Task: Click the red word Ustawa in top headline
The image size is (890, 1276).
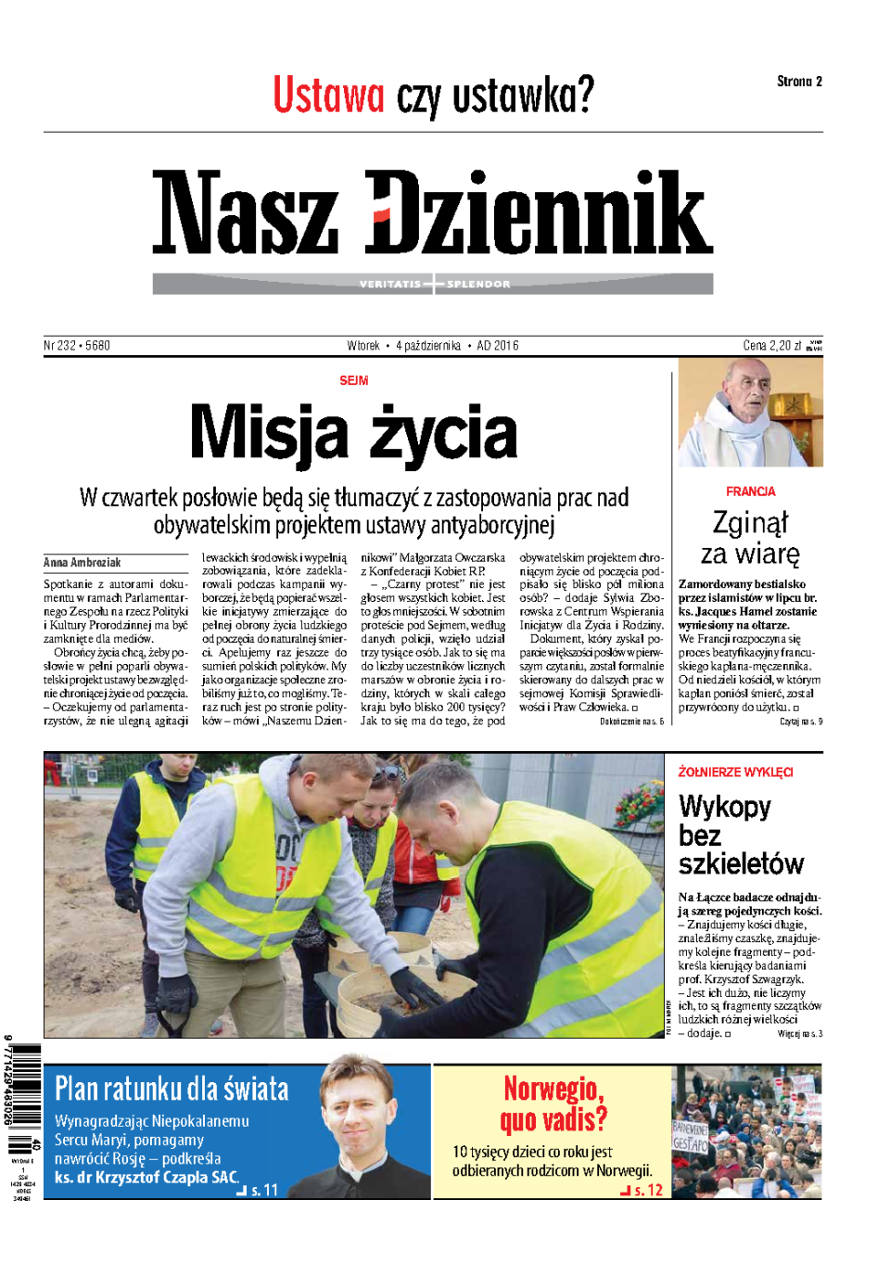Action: coord(328,96)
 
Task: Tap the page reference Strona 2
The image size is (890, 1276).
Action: coord(799,82)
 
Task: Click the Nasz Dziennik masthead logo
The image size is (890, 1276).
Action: coord(432,212)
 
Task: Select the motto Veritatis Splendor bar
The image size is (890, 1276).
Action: coord(433,284)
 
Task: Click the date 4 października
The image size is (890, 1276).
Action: coord(427,346)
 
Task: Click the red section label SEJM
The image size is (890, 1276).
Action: coord(353,381)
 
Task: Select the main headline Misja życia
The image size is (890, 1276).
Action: coord(353,432)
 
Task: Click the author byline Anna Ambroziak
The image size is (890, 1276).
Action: coord(83,563)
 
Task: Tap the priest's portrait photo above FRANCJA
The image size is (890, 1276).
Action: coord(750,413)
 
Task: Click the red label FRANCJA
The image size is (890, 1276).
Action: coord(750,491)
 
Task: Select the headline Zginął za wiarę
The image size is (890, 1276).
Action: coord(750,538)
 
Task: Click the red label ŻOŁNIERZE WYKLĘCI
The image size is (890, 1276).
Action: coord(735,772)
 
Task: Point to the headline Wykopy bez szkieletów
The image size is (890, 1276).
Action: coord(740,835)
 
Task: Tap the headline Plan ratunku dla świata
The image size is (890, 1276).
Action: coord(172,1089)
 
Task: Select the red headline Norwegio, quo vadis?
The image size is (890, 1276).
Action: coord(553,1104)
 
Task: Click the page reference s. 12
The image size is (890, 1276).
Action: coord(648,1191)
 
